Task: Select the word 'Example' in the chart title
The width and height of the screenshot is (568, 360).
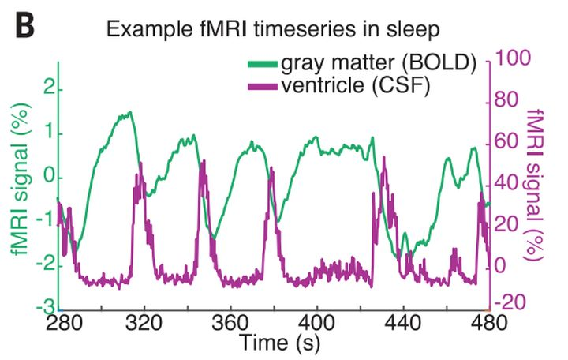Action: click(149, 30)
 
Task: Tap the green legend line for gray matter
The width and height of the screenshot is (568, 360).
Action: click(263, 64)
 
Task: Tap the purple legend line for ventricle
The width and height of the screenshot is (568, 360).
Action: click(263, 86)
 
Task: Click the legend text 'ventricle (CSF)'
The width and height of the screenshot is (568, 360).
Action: click(355, 85)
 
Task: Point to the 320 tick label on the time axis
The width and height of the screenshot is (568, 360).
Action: click(144, 322)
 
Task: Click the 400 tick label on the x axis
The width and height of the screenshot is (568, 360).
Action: click(316, 322)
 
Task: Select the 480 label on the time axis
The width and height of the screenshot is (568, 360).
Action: click(489, 322)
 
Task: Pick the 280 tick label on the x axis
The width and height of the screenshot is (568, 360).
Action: click(65, 322)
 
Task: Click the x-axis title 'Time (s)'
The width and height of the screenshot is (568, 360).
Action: click(280, 343)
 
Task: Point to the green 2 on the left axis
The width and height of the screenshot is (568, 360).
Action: click(49, 89)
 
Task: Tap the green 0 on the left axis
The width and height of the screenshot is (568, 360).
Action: click(49, 178)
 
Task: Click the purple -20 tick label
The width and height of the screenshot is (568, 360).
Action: click(510, 302)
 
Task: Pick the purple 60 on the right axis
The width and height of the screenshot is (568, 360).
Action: click(506, 141)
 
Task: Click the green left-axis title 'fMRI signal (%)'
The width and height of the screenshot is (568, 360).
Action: click(21, 179)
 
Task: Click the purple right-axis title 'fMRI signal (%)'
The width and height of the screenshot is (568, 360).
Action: click(535, 184)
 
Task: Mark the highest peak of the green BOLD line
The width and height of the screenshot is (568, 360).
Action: click(129, 112)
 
